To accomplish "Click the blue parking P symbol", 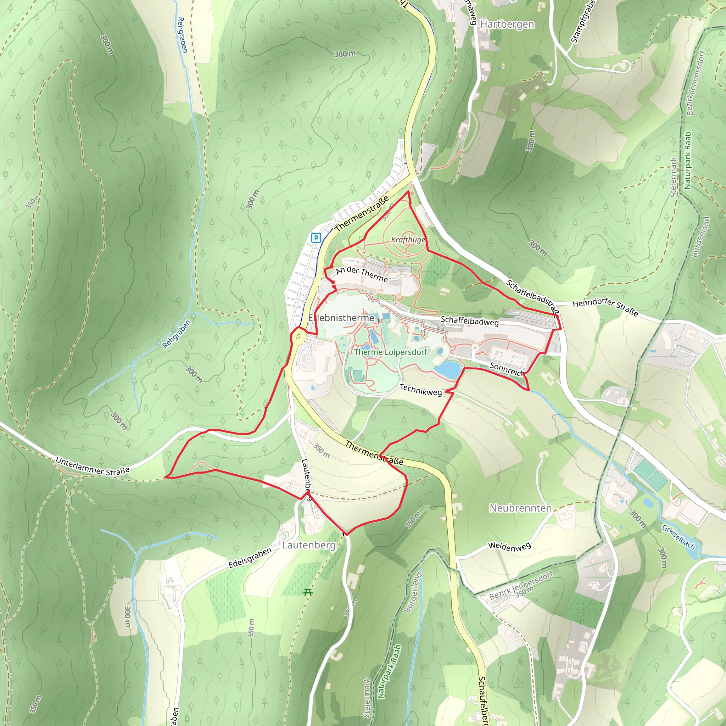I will pos(316,238).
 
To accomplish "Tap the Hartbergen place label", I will pos(507,24).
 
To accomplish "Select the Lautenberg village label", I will pos(309,545).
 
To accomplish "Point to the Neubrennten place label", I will pos(520,508).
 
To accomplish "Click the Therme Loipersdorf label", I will pos(390,352).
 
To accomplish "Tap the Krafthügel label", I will pos(408,240).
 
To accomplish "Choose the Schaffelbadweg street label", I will pos(470,321).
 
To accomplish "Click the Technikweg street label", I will pos(420,390).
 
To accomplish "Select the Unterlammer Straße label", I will pos(93,466).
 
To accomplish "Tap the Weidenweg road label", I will pos(509,546).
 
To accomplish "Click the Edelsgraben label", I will pos(250,558).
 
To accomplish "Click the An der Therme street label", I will pos(362,274).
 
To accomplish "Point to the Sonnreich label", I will pos(506,369).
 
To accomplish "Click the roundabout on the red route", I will pos(299,336).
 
